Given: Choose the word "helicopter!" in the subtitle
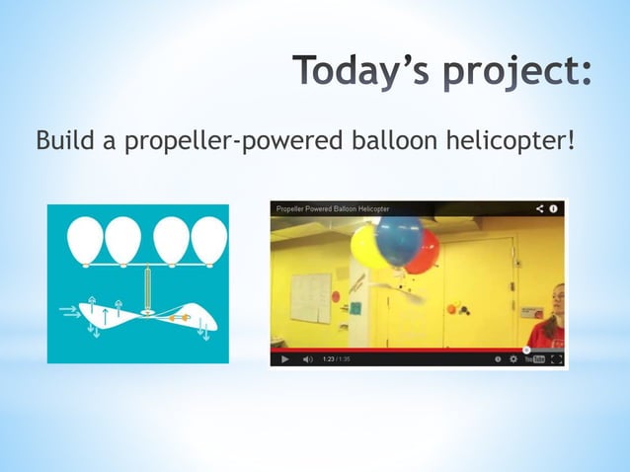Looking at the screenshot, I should click(512, 142).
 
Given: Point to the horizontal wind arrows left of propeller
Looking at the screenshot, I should click(70, 312).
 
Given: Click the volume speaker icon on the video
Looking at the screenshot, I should click(307, 359).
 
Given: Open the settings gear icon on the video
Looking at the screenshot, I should click(513, 359).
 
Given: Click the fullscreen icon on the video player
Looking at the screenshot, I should click(557, 359).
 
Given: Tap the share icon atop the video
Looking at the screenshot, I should click(540, 209).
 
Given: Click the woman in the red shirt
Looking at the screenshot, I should click(549, 321).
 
